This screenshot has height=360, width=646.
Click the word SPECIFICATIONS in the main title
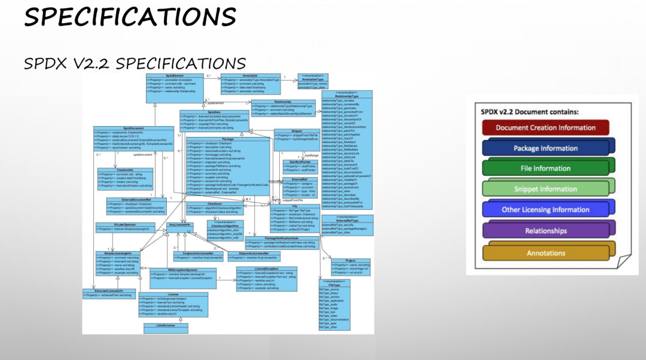129,16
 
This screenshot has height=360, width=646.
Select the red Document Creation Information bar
545,127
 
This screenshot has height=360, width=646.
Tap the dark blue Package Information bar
545,148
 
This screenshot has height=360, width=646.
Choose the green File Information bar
545,169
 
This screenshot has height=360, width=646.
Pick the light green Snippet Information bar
545,190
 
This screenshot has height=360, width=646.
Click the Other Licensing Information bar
545,210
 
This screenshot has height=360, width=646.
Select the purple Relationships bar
545,231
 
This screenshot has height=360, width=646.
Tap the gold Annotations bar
545,253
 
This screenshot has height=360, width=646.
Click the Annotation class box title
251,76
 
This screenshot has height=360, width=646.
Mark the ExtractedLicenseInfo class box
109,293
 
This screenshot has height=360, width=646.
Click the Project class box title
351,261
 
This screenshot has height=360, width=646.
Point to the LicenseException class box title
266,269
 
